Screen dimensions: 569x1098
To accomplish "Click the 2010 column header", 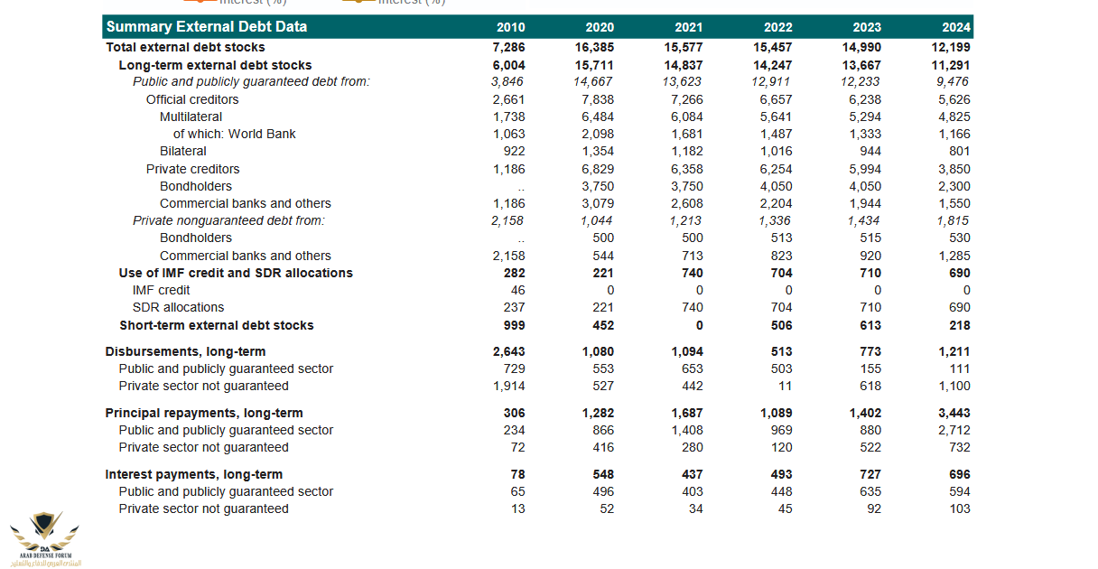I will [510, 27].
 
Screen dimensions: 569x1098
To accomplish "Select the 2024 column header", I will [956, 27].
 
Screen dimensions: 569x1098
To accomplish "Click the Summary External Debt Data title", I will [207, 27].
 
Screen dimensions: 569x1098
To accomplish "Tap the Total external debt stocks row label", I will [186, 47].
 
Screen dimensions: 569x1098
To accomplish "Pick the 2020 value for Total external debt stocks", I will [594, 47].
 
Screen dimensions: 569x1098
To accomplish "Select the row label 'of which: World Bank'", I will [235, 134].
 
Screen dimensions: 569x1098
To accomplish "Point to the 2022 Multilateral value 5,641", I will [776, 117].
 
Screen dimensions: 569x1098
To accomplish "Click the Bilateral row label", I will [183, 151].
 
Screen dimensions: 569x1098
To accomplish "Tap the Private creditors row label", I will [193, 169].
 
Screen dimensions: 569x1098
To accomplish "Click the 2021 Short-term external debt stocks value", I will [699, 325].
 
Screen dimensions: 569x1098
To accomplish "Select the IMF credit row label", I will [162, 290].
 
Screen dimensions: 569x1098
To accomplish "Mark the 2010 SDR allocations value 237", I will [514, 307].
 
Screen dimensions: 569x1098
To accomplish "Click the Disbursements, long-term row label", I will [186, 351].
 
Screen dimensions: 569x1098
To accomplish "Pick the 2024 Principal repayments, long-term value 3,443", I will [954, 413].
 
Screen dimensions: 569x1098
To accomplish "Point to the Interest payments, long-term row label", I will [194, 474].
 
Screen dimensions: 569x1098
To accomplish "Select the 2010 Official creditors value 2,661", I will [508, 99].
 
